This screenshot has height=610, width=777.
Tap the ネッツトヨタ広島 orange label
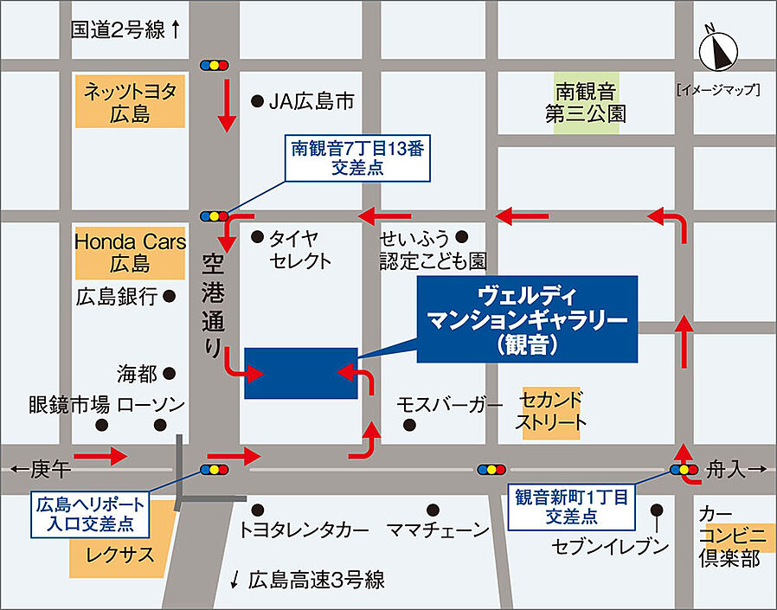click(x=131, y=101)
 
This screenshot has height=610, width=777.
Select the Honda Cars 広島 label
click(x=130, y=252)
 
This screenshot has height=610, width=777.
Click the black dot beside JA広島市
click(x=257, y=101)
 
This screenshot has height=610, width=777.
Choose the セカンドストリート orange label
click(x=550, y=412)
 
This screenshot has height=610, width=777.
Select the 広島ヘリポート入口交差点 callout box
click(x=89, y=514)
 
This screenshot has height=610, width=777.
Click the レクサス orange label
click(x=119, y=554)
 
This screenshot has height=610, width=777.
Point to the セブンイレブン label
click(x=611, y=546)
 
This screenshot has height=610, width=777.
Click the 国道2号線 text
click(x=118, y=30)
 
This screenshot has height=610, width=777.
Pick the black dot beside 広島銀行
click(x=170, y=296)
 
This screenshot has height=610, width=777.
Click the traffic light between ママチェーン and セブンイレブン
click(x=490, y=470)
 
